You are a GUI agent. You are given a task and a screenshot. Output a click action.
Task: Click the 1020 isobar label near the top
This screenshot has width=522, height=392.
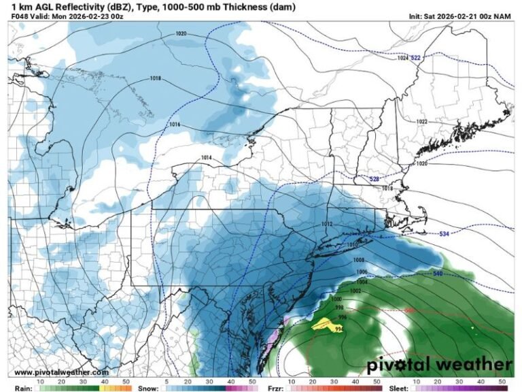pos(181,33)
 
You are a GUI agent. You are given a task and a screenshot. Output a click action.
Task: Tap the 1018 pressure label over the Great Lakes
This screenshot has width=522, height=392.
pos(156,79)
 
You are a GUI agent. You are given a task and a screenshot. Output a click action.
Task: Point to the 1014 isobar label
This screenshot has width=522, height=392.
pos(207,158)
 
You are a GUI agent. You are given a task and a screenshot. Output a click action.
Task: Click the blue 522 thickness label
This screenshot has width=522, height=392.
pos(416,58)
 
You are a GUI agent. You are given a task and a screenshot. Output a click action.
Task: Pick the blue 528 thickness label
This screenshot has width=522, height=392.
pos(374,178)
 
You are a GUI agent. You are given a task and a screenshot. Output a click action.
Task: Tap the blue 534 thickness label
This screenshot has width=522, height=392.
pos(444,234)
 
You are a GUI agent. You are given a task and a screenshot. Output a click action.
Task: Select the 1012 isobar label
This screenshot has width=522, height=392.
pos(326,224)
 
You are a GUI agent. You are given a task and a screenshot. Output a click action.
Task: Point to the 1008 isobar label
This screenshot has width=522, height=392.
pos(359,260)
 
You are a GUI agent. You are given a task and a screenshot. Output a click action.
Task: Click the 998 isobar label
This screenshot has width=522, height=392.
pos(339,308)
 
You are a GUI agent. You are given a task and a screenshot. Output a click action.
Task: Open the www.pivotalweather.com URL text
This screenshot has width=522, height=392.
pos(61,372)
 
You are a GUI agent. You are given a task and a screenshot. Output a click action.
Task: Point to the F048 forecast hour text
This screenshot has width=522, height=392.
pos(20,16)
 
